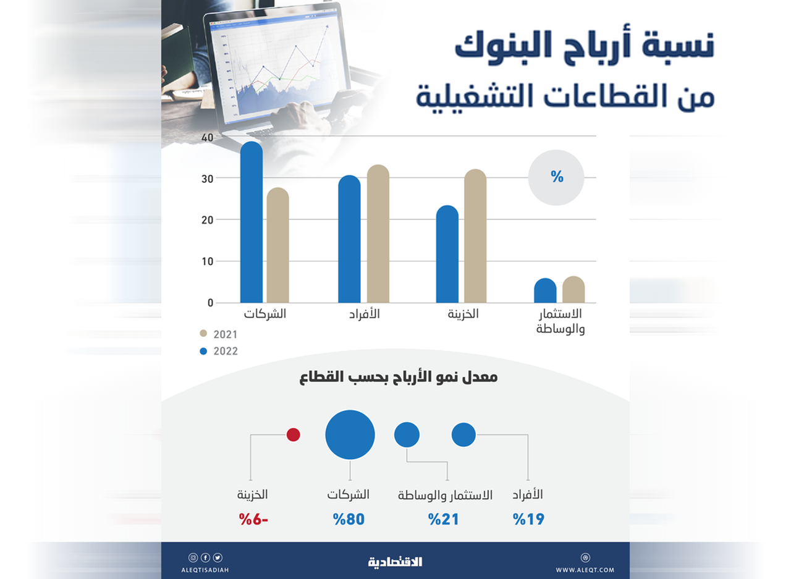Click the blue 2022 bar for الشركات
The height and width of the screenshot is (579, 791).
252,222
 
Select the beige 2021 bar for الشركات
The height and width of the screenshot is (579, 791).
278,245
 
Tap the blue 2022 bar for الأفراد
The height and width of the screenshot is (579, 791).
349,239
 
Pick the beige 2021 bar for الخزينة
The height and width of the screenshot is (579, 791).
475,236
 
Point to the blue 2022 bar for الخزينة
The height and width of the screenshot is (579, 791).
447,254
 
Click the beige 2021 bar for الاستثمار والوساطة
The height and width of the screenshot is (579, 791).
573,289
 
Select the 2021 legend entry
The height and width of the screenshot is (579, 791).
219,334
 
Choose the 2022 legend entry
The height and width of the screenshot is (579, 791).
219,351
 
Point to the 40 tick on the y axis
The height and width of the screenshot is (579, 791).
207,138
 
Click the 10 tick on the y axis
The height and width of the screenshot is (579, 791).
207,261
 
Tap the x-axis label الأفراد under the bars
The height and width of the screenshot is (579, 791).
365,314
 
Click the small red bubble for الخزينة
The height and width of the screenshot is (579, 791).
293,434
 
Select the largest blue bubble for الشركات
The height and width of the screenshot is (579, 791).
350,434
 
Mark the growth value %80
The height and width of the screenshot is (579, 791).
349,519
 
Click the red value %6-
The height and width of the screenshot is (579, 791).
253,519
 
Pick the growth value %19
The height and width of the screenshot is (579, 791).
528,519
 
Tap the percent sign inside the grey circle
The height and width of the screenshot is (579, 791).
557,177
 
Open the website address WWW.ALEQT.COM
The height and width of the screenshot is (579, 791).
585,570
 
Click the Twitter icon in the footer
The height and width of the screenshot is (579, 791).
218,557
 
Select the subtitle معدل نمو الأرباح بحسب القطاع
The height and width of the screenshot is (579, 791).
399,377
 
